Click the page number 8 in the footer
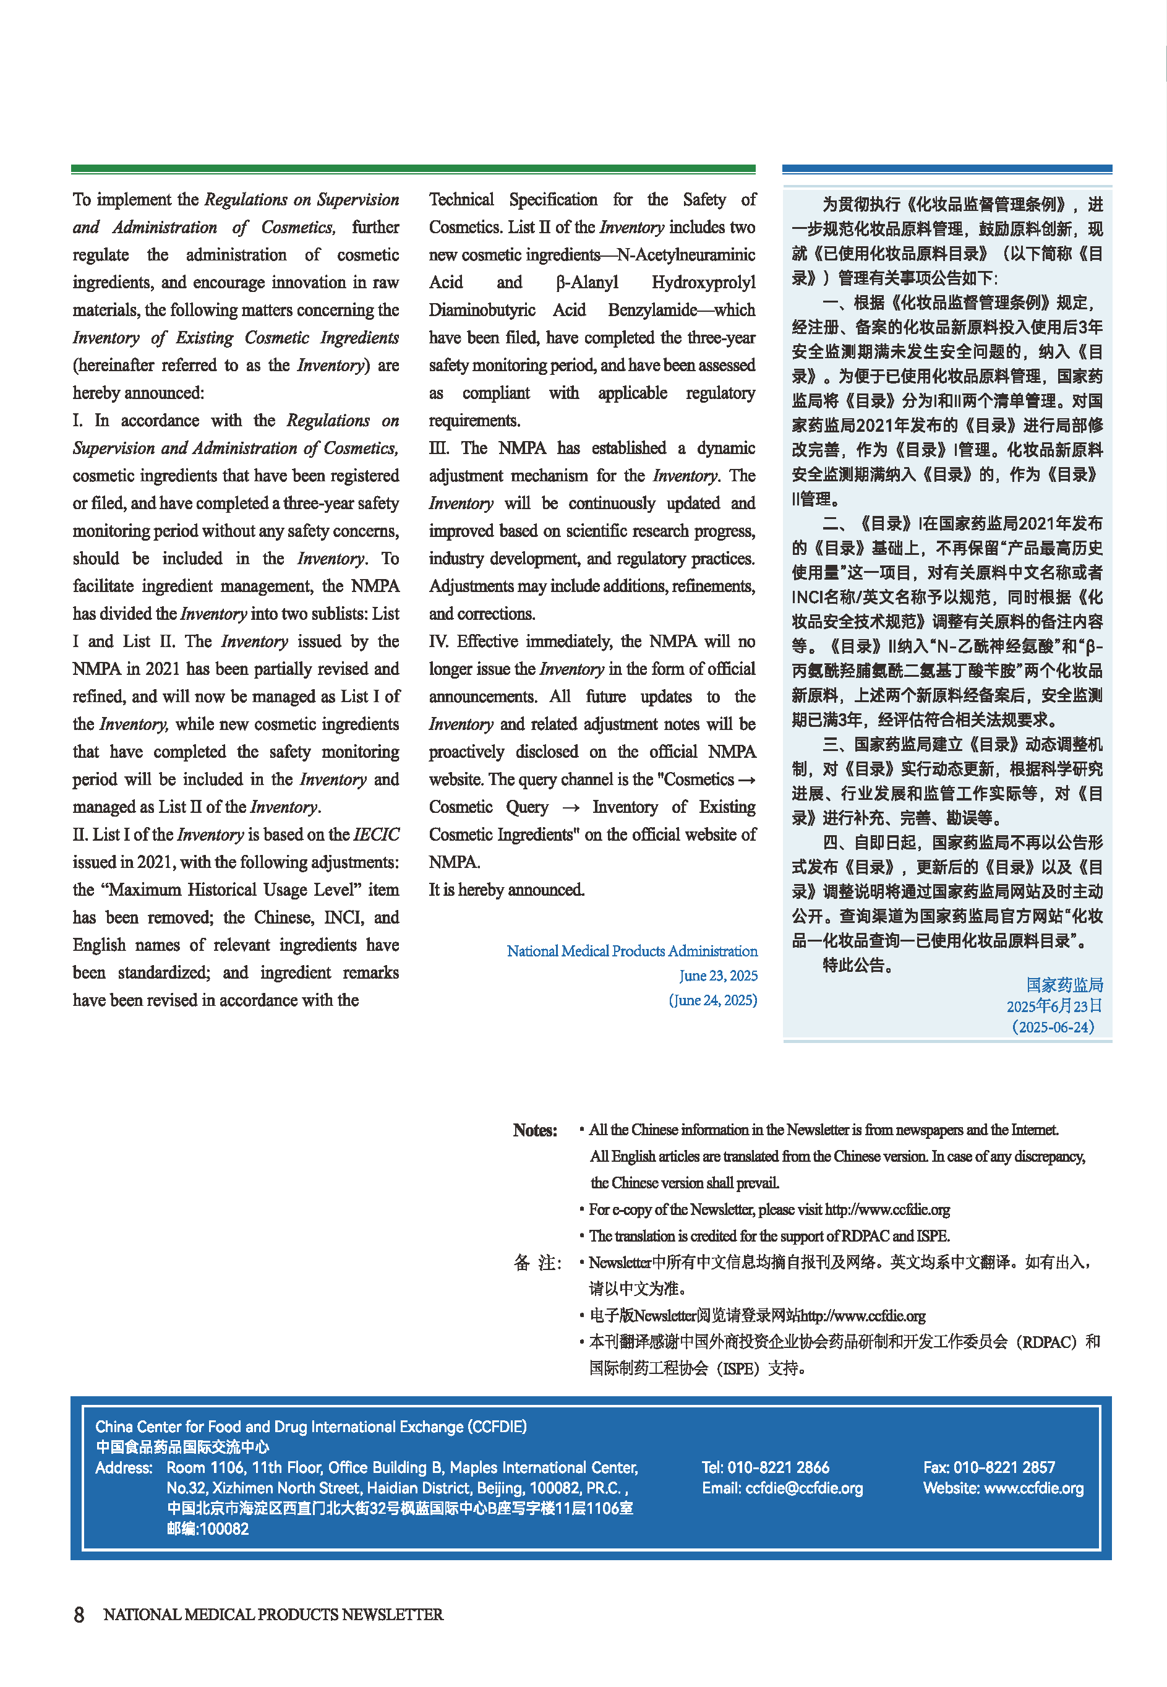[x=79, y=1614]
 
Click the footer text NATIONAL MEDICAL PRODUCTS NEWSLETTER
[x=273, y=1614]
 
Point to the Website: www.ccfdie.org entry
[x=1003, y=1487]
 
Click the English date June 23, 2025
[x=717, y=976]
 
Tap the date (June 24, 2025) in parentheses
[x=712, y=1000]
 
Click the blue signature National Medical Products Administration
[x=632, y=951]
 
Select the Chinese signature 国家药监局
[x=1064, y=984]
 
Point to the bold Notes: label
[x=534, y=1130]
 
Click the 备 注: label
[x=537, y=1263]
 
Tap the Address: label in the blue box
[x=124, y=1467]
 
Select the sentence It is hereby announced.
[x=506, y=890]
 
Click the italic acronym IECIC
[x=376, y=835]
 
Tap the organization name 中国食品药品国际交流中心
[x=182, y=1446]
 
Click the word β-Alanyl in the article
[x=586, y=282]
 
